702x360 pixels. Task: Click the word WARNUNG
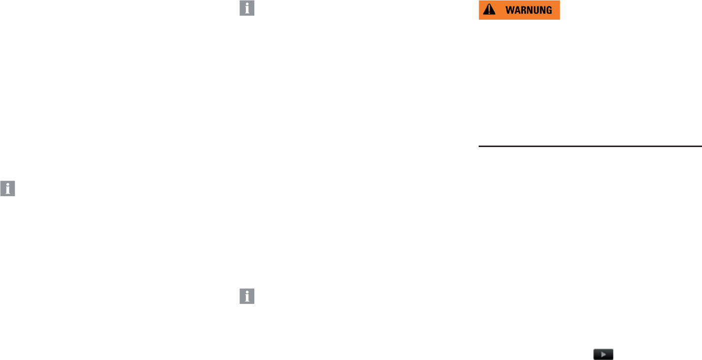pos(532,10)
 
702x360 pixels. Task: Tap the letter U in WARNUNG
pos(539,10)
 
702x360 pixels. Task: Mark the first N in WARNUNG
pos(532,10)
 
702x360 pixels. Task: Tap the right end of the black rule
pos(700,146)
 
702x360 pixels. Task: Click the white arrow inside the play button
pos(604,354)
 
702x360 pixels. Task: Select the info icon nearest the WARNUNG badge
pos(247,9)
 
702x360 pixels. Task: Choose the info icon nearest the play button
pos(247,296)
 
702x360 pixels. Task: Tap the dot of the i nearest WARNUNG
pos(247,5)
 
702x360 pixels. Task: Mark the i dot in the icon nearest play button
pos(247,292)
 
